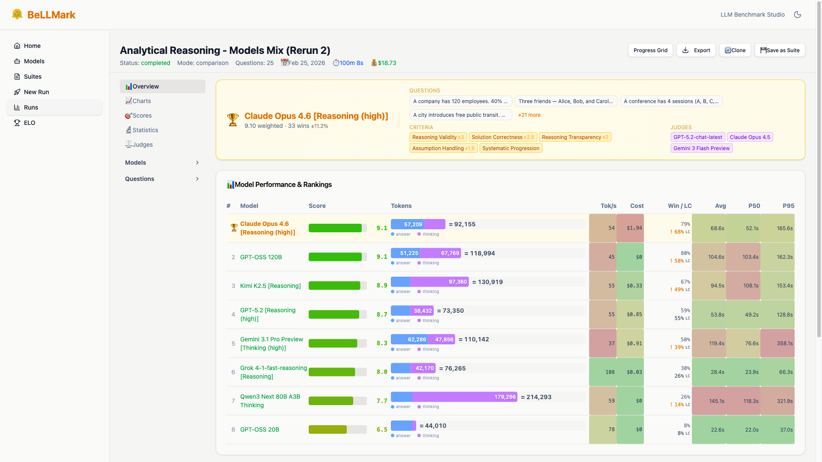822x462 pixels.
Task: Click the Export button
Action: pos(696,50)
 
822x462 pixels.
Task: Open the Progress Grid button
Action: pos(650,50)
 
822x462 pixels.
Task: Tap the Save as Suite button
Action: pos(780,50)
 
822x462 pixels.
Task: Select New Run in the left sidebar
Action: pos(36,92)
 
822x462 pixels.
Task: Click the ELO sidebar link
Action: pos(30,123)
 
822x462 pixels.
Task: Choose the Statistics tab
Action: pos(145,130)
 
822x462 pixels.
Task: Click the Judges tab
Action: pos(143,145)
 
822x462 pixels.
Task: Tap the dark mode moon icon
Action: pos(798,15)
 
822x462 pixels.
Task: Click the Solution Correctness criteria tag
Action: pos(503,137)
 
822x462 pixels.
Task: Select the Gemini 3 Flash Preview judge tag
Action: pos(701,148)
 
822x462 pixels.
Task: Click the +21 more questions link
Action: pos(529,115)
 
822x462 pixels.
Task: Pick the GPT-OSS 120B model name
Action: pos(261,257)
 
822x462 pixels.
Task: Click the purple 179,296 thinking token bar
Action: pos(465,397)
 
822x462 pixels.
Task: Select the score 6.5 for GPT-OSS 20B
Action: pos(382,429)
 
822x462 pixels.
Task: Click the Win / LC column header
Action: pos(679,206)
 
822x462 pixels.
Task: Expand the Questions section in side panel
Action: pos(162,179)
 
